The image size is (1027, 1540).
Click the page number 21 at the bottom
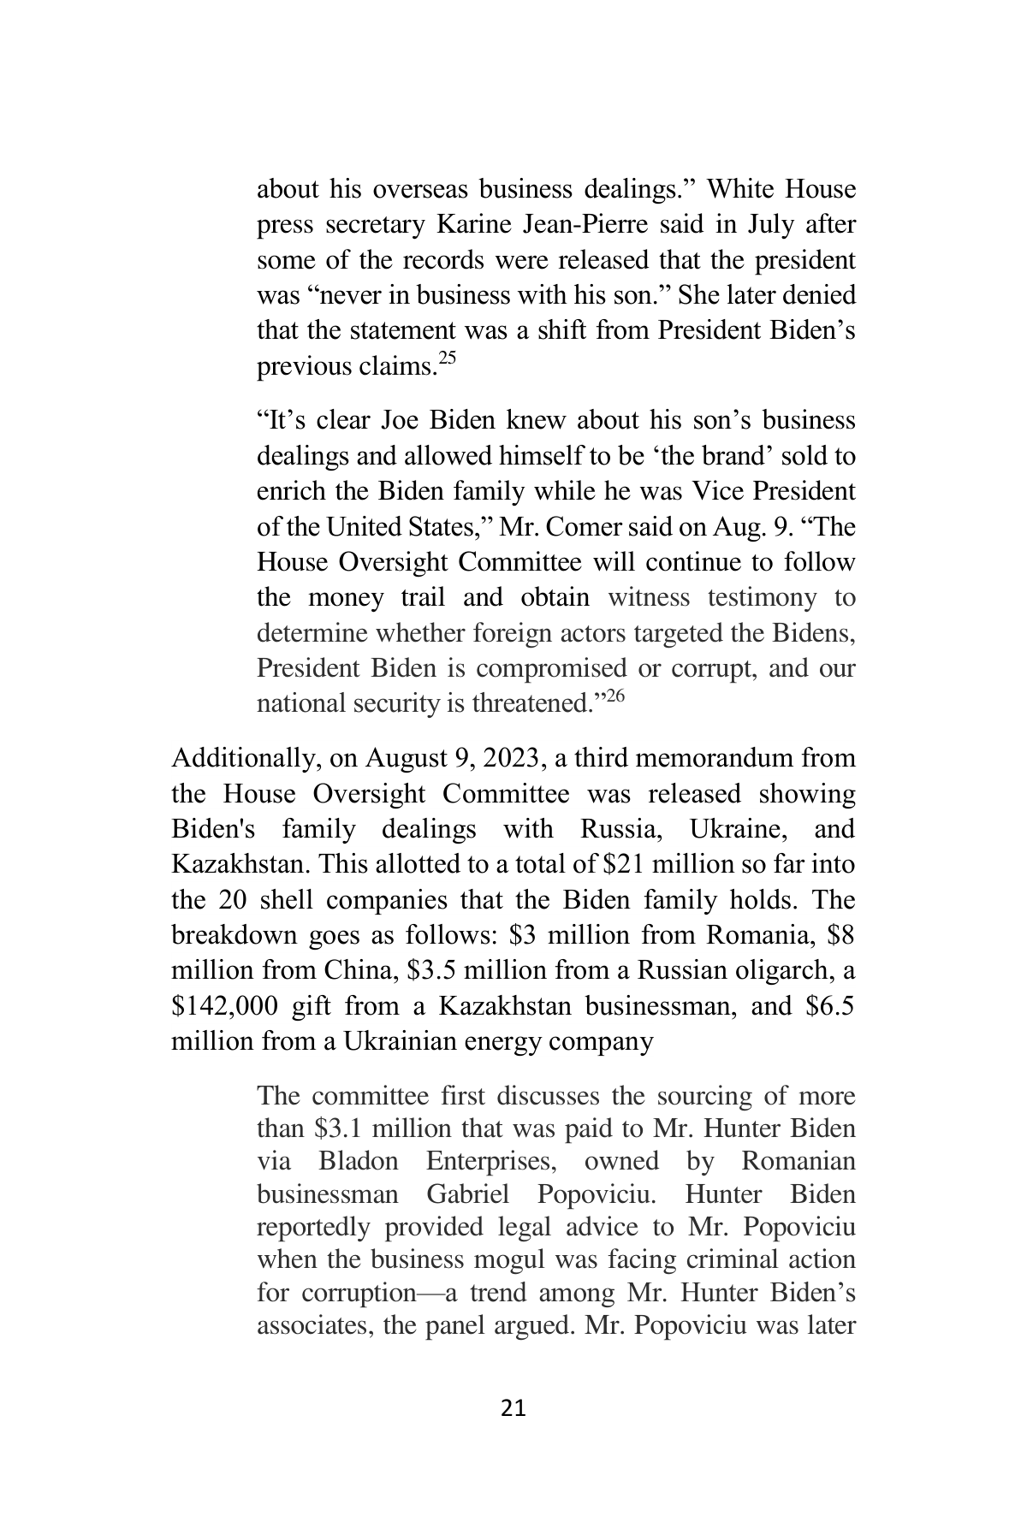(x=513, y=1407)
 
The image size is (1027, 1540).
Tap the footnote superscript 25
(x=447, y=359)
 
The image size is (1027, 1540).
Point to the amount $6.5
(x=829, y=1006)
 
